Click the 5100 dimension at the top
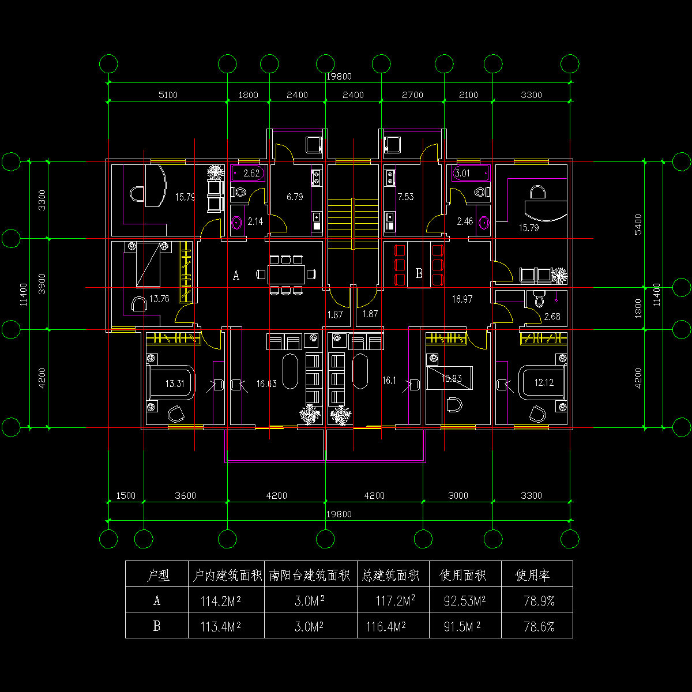click(168, 95)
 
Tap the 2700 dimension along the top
click(412, 95)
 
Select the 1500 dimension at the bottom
click(126, 495)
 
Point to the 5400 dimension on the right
click(638, 224)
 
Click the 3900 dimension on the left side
click(42, 284)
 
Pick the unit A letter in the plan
click(236, 275)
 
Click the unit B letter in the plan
click(419, 273)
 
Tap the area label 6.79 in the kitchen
click(295, 197)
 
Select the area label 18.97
click(462, 299)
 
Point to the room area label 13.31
click(175, 383)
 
